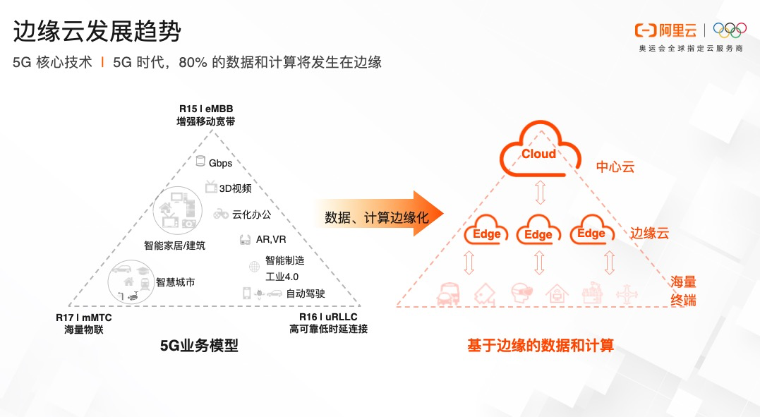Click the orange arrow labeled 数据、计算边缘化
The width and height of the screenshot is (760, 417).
tap(378, 217)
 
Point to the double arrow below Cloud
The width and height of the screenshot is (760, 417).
tap(540, 192)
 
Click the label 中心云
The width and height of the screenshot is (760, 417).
tap(615, 167)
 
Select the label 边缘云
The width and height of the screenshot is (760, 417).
tap(649, 233)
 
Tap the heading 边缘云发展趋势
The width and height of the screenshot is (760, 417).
tap(97, 32)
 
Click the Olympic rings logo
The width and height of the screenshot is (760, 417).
tap(729, 30)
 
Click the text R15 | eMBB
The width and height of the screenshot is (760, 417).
tap(205, 109)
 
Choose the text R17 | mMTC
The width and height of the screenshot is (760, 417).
tap(84, 318)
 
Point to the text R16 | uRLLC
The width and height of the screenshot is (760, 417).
tap(328, 317)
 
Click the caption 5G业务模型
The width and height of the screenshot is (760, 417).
tap(200, 346)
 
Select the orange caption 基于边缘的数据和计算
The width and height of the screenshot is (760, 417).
tap(541, 346)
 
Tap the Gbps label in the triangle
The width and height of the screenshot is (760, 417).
tap(220, 163)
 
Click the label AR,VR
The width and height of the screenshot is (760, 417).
tap(271, 240)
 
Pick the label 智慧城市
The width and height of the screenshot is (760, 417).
tap(175, 282)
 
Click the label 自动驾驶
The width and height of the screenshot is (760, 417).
tap(306, 293)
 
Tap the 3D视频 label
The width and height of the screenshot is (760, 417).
tap(235, 188)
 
